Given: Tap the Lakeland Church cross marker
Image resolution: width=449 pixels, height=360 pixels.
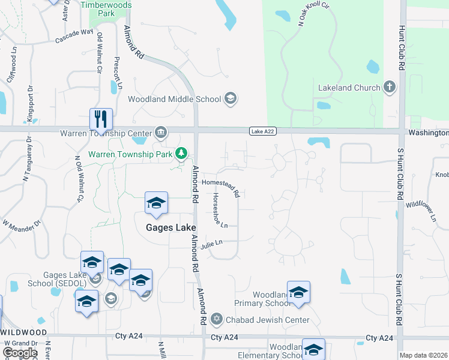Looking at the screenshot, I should [x=389, y=88].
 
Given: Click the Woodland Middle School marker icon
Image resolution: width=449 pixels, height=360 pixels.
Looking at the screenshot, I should [x=230, y=98].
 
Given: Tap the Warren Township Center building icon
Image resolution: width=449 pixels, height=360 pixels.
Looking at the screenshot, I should [x=160, y=133].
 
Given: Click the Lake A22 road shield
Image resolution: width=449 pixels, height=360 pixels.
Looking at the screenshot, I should [x=263, y=131].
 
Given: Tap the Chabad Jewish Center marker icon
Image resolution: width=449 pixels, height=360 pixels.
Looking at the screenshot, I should [x=217, y=319].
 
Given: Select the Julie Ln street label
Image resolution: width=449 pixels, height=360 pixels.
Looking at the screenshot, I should [x=212, y=243].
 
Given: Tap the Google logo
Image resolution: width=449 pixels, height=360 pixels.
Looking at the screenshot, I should [x=20, y=352].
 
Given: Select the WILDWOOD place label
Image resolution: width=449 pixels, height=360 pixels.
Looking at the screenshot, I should [x=24, y=332].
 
